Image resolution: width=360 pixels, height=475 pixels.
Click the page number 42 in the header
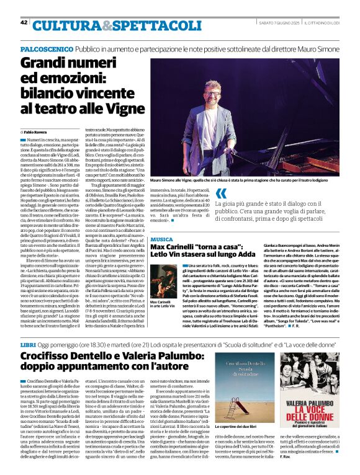tap(24, 23)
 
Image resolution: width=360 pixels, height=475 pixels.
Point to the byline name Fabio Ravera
tap(37, 132)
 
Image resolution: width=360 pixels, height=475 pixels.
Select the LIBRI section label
tap(28, 343)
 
